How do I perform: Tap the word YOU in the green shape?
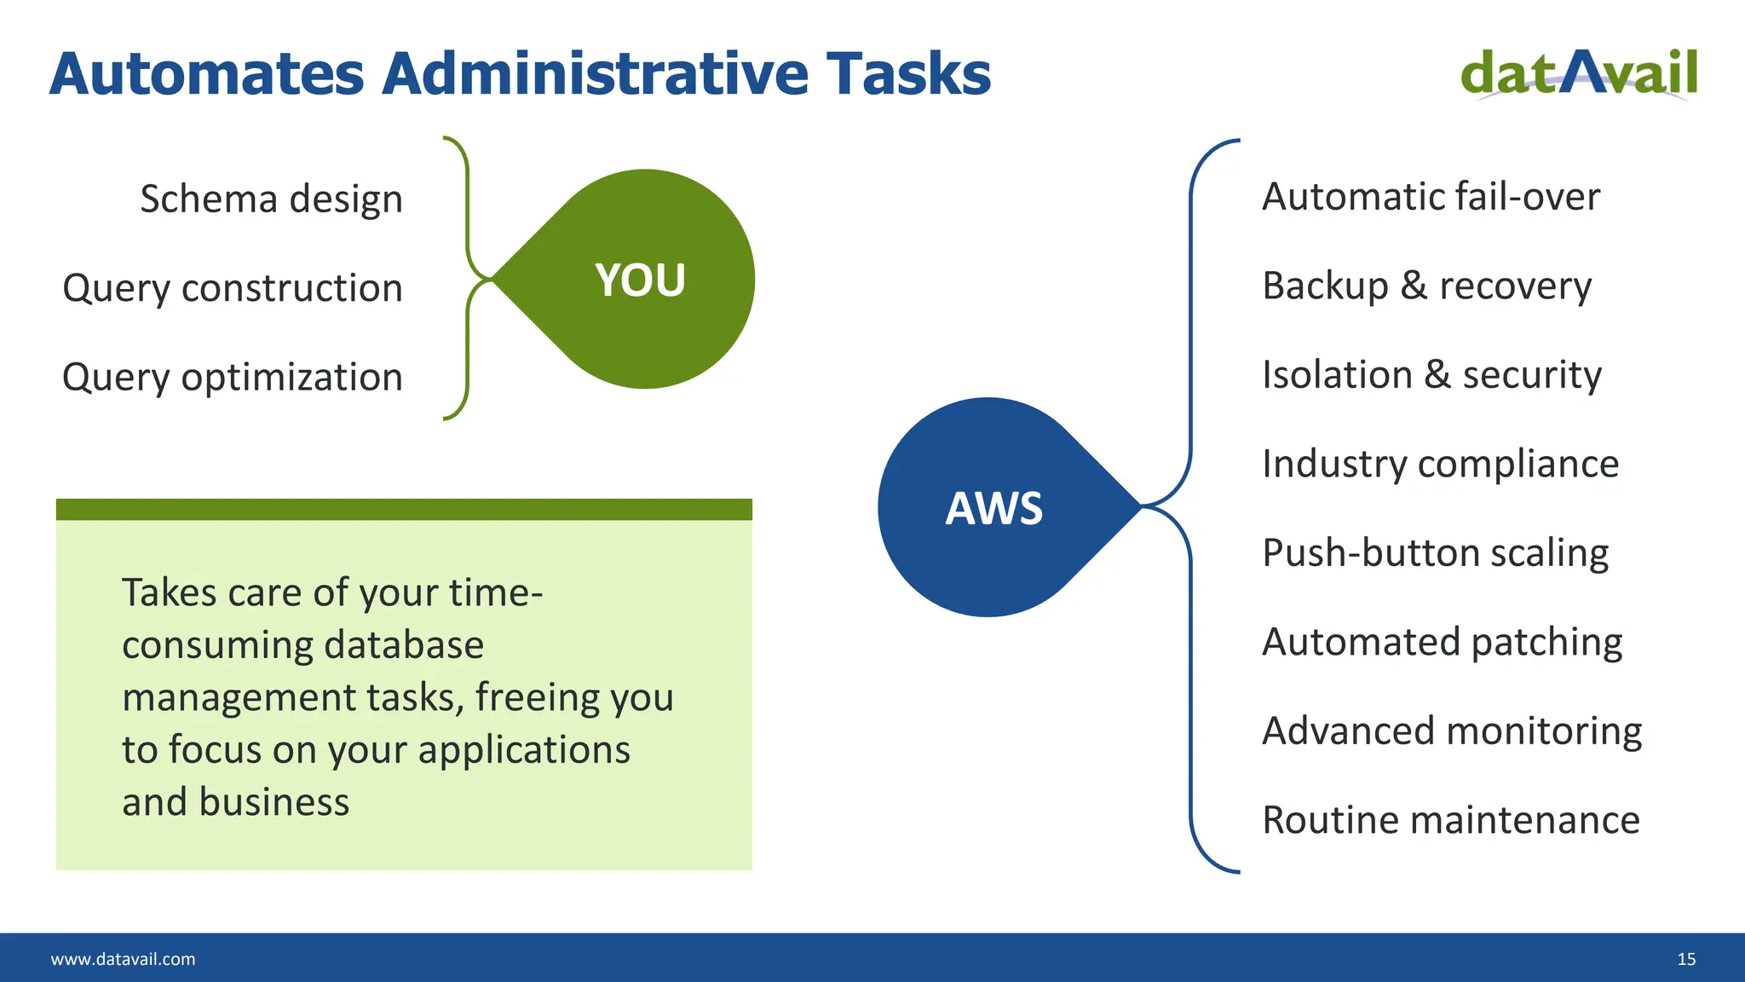point(640,280)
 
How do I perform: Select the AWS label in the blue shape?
point(993,509)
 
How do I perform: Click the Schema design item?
point(271,199)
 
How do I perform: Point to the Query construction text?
point(233,288)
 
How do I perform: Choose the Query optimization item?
point(233,378)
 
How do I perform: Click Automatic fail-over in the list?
point(1431,197)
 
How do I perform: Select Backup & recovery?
point(1426,286)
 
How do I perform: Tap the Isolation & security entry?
point(1431,375)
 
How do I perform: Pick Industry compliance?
point(1440,465)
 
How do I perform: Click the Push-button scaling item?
point(1435,553)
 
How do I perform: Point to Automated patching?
point(1442,643)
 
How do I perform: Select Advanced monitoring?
point(1452,731)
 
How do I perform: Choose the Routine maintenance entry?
point(1450,820)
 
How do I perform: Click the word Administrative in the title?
point(595,73)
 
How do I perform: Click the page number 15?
point(1686,959)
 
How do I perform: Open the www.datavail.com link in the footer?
point(123,959)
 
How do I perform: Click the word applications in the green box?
point(523,751)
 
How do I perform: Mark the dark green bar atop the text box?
point(404,510)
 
